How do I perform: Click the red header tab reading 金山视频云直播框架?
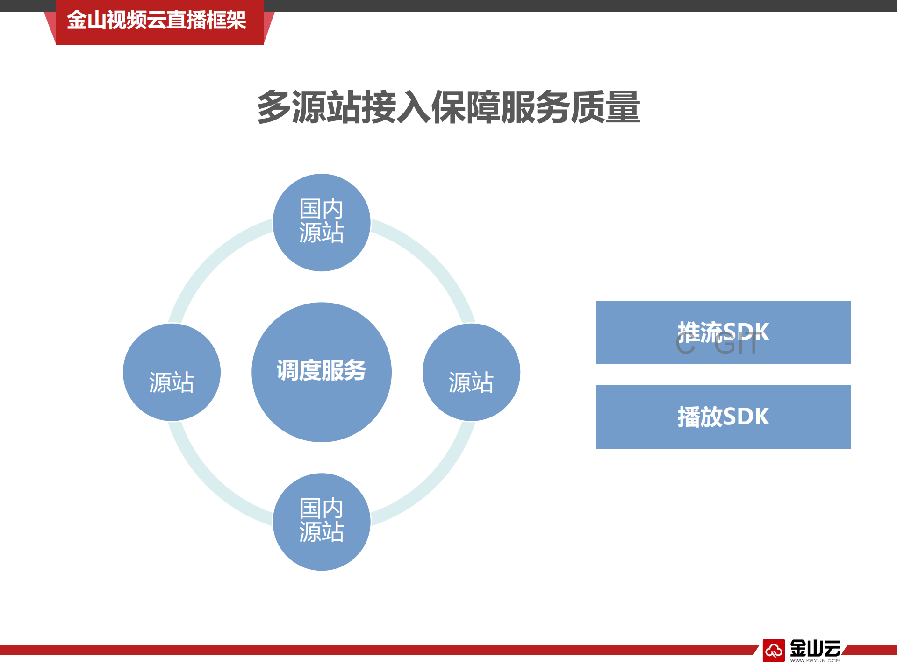point(157,21)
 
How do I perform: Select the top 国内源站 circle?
point(322,222)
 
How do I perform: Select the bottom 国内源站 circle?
point(322,522)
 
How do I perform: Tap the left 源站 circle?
point(172,372)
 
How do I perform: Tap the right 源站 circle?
point(471,372)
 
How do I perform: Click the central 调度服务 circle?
point(322,372)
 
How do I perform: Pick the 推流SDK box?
point(723,332)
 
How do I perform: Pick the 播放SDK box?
point(723,417)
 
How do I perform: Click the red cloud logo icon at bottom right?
point(774,650)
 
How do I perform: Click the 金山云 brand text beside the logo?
point(815,648)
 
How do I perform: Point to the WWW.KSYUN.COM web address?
point(815,660)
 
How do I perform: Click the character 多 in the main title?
point(274,107)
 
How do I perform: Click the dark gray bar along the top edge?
point(561,6)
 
